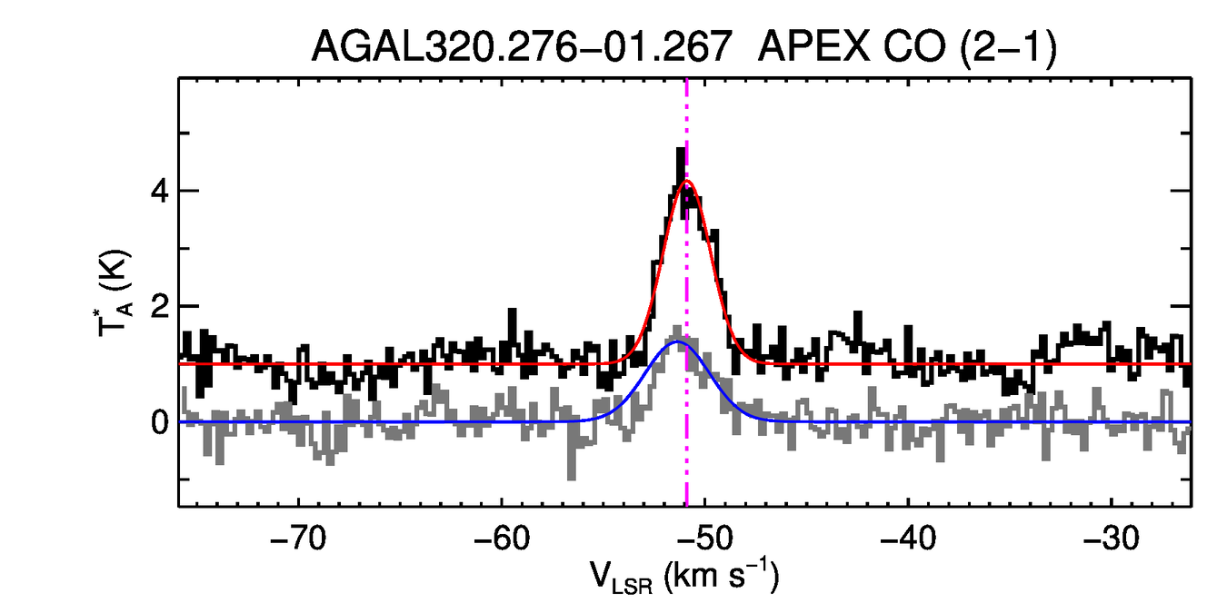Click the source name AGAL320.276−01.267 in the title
click(522, 46)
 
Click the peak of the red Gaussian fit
click(687, 182)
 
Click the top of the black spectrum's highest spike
click(680, 150)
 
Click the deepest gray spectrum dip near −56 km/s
click(571, 477)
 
